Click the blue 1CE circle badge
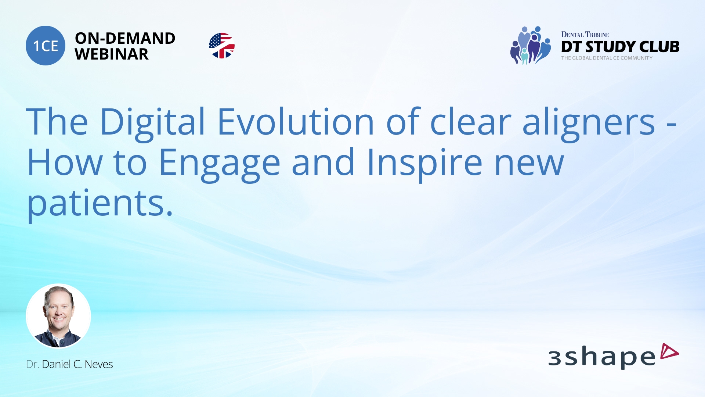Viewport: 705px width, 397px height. click(46, 46)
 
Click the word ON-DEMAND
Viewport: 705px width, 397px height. click(125, 38)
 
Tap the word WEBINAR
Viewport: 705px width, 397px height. click(112, 54)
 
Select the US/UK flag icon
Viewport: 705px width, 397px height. click(222, 46)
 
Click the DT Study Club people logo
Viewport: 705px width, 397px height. click(530, 46)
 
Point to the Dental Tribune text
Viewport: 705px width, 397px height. click(585, 35)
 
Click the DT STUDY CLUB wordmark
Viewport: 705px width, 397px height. click(620, 47)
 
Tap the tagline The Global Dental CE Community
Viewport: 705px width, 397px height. click(607, 58)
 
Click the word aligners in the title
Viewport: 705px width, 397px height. click(588, 124)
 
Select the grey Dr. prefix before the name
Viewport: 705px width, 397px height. click(32, 364)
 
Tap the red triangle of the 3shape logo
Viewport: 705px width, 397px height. click(669, 351)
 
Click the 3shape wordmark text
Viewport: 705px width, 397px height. click(601, 357)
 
